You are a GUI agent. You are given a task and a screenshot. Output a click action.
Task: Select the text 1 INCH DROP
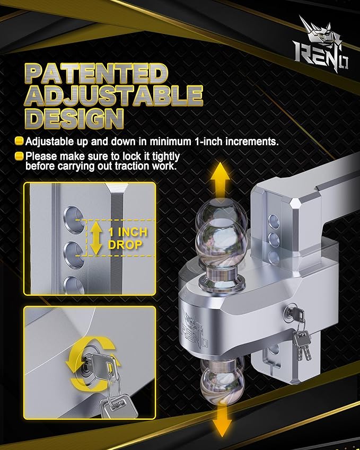[x=127, y=239]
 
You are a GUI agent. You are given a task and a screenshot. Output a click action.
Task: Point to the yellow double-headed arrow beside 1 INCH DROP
[x=95, y=239]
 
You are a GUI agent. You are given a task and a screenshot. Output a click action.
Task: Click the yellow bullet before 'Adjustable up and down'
[x=20, y=142]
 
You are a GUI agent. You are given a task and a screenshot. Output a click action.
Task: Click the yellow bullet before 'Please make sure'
[x=20, y=156]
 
